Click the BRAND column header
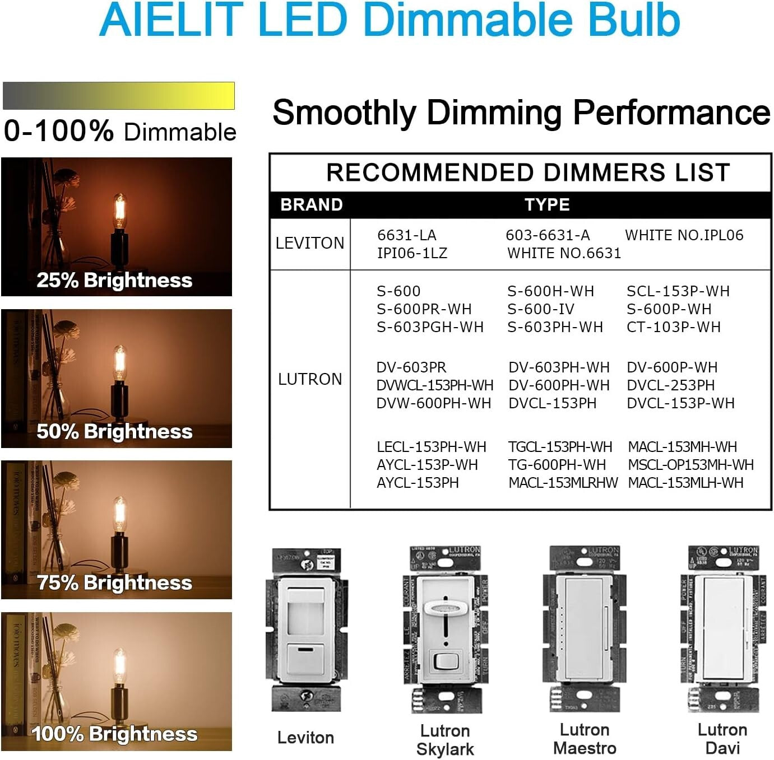[x=311, y=205]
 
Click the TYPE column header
[x=547, y=205]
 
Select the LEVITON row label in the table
[x=310, y=243]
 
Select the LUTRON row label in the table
[x=310, y=379]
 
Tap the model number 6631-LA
[x=406, y=235]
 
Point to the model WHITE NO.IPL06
[x=684, y=235]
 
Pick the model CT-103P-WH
[x=673, y=327]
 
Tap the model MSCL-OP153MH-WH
[x=690, y=465]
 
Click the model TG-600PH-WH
[x=557, y=465]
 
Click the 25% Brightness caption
[x=114, y=280]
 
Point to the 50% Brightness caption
[x=114, y=431]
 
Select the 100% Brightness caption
[x=114, y=734]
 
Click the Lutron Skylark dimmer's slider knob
[x=445, y=609]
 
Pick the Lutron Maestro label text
[x=585, y=739]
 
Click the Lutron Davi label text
[x=722, y=739]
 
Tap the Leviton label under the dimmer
[x=305, y=738]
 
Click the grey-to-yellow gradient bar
[x=118, y=96]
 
